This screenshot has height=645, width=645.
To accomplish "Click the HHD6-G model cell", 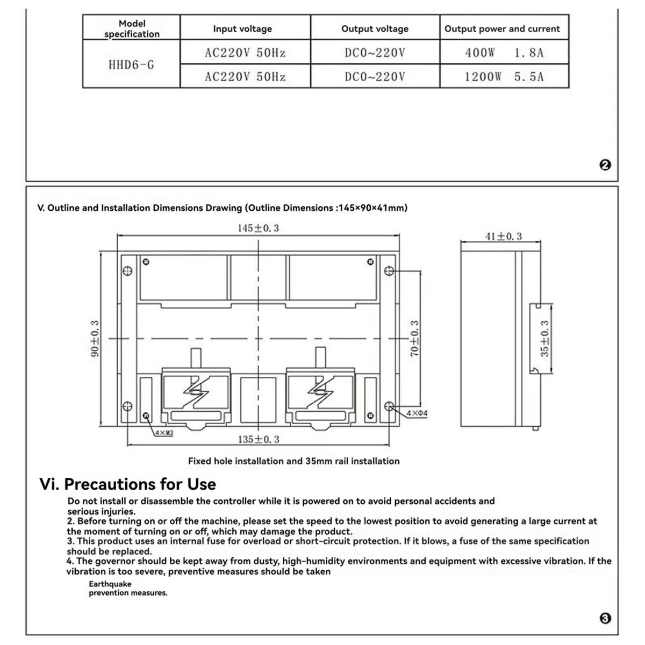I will click(131, 65).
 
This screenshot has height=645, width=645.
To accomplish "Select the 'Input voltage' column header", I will click(242, 29).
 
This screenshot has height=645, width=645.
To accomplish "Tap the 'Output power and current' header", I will click(502, 29).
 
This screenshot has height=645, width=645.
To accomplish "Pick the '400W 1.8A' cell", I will click(504, 53).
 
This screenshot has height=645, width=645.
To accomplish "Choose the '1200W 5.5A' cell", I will click(504, 77).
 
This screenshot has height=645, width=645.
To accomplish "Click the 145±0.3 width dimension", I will click(259, 228).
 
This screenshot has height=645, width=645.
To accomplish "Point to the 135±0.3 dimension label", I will click(259, 439).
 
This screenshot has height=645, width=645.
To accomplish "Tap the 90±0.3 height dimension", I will click(95, 339).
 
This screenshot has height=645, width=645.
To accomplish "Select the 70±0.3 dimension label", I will click(414, 339).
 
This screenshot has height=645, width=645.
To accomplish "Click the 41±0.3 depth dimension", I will click(503, 236).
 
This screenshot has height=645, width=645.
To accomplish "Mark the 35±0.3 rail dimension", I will click(544, 339).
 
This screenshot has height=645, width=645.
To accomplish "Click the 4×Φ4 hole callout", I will click(417, 413).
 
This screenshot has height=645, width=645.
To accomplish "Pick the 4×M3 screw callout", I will click(163, 433).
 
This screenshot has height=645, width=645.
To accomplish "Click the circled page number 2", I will click(605, 166).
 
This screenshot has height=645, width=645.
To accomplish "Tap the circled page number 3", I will click(605, 619).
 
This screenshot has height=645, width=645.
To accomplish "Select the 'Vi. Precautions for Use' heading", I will click(128, 484).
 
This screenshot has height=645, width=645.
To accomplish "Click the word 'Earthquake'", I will click(110, 584).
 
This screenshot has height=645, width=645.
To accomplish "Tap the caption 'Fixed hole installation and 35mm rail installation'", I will click(293, 461).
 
